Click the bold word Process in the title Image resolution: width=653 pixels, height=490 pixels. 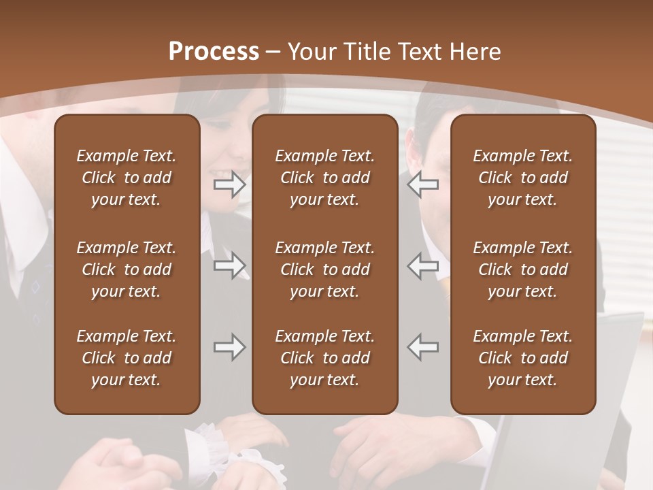pos(214,52)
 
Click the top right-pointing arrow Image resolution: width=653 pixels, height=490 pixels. pos(229,184)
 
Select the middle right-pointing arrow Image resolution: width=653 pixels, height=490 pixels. pos(229,265)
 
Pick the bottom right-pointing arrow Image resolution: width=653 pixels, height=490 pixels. pos(229,347)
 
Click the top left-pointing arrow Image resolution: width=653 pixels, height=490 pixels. pos(423,184)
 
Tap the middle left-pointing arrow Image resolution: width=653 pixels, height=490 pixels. pos(423,265)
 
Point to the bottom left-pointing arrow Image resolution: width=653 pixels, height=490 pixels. pos(423,347)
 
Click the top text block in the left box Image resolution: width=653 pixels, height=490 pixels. pos(127,178)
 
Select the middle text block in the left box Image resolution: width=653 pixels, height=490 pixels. pos(127,269)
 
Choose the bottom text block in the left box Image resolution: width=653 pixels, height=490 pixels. pos(127,358)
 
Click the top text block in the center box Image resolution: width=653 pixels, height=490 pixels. pos(325,178)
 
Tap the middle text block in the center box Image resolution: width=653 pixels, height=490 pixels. pos(325,269)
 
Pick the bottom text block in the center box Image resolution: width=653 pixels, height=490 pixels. pos(325,358)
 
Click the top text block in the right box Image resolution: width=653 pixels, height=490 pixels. pos(523,178)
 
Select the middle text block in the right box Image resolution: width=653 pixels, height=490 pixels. pos(523,269)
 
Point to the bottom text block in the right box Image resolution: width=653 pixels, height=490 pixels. pos(523,358)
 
